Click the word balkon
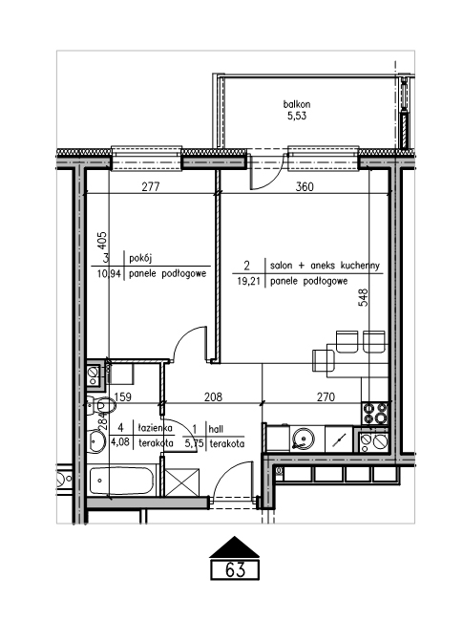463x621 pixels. [x=297, y=104]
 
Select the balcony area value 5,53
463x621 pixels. [x=297, y=116]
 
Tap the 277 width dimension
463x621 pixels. [x=151, y=186]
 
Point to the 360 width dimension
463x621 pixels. [x=305, y=186]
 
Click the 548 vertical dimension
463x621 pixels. [x=363, y=297]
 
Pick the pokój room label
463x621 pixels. [x=140, y=259]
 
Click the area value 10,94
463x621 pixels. [x=109, y=273]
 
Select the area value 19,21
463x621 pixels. [x=248, y=281]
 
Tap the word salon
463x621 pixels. [x=281, y=266]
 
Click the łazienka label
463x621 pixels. [x=156, y=428]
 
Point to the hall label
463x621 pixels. [x=216, y=429]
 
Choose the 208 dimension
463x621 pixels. [x=213, y=396]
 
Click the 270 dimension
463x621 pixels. [x=326, y=396]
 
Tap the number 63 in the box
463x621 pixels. [x=235, y=570]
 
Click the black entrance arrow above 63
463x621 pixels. [x=234, y=547]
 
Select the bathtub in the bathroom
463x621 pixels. [x=121, y=482]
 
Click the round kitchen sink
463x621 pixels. [x=304, y=439]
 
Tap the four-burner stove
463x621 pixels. [x=375, y=413]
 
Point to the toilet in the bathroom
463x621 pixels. [x=100, y=405]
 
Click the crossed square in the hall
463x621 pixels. [x=181, y=482]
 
